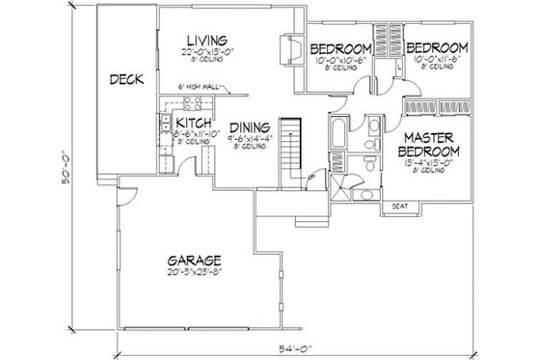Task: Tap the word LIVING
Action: pos(207,39)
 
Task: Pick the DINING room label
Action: pos(248,126)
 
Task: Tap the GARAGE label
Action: pos(194,261)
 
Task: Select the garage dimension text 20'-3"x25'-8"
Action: pos(194,273)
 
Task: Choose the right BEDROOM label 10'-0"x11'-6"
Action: pos(436,47)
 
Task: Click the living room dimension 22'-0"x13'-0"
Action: pos(207,52)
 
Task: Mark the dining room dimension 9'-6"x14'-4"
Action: pos(248,139)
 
